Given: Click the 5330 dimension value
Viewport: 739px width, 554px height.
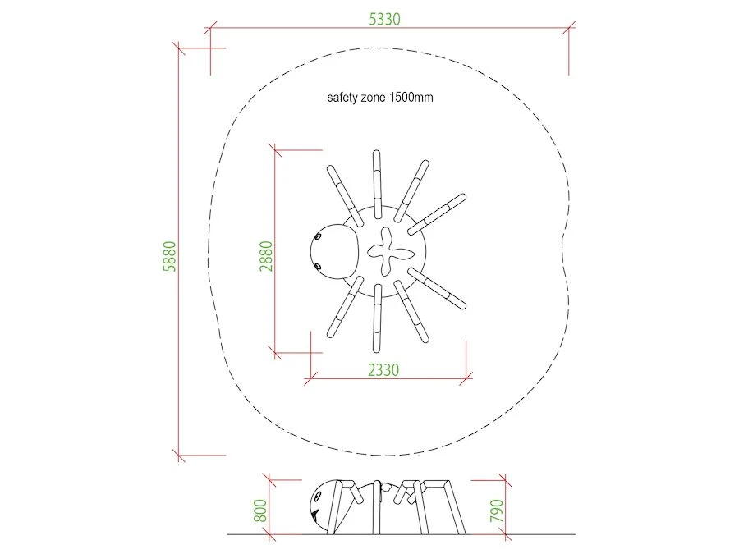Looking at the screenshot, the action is click(x=384, y=19).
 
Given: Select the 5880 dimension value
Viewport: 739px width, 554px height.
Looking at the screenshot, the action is click(x=170, y=256).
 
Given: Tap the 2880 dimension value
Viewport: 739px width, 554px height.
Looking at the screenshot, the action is click(x=266, y=256).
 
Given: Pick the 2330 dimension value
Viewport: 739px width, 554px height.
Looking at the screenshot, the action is click(x=383, y=370).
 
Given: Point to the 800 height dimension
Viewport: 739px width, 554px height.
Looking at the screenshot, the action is click(x=260, y=511).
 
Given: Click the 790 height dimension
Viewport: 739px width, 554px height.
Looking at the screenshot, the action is click(x=497, y=511).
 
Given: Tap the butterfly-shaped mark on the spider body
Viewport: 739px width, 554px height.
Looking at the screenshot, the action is click(x=390, y=252).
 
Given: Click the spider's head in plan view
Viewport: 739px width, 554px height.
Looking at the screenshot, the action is click(x=335, y=252).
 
